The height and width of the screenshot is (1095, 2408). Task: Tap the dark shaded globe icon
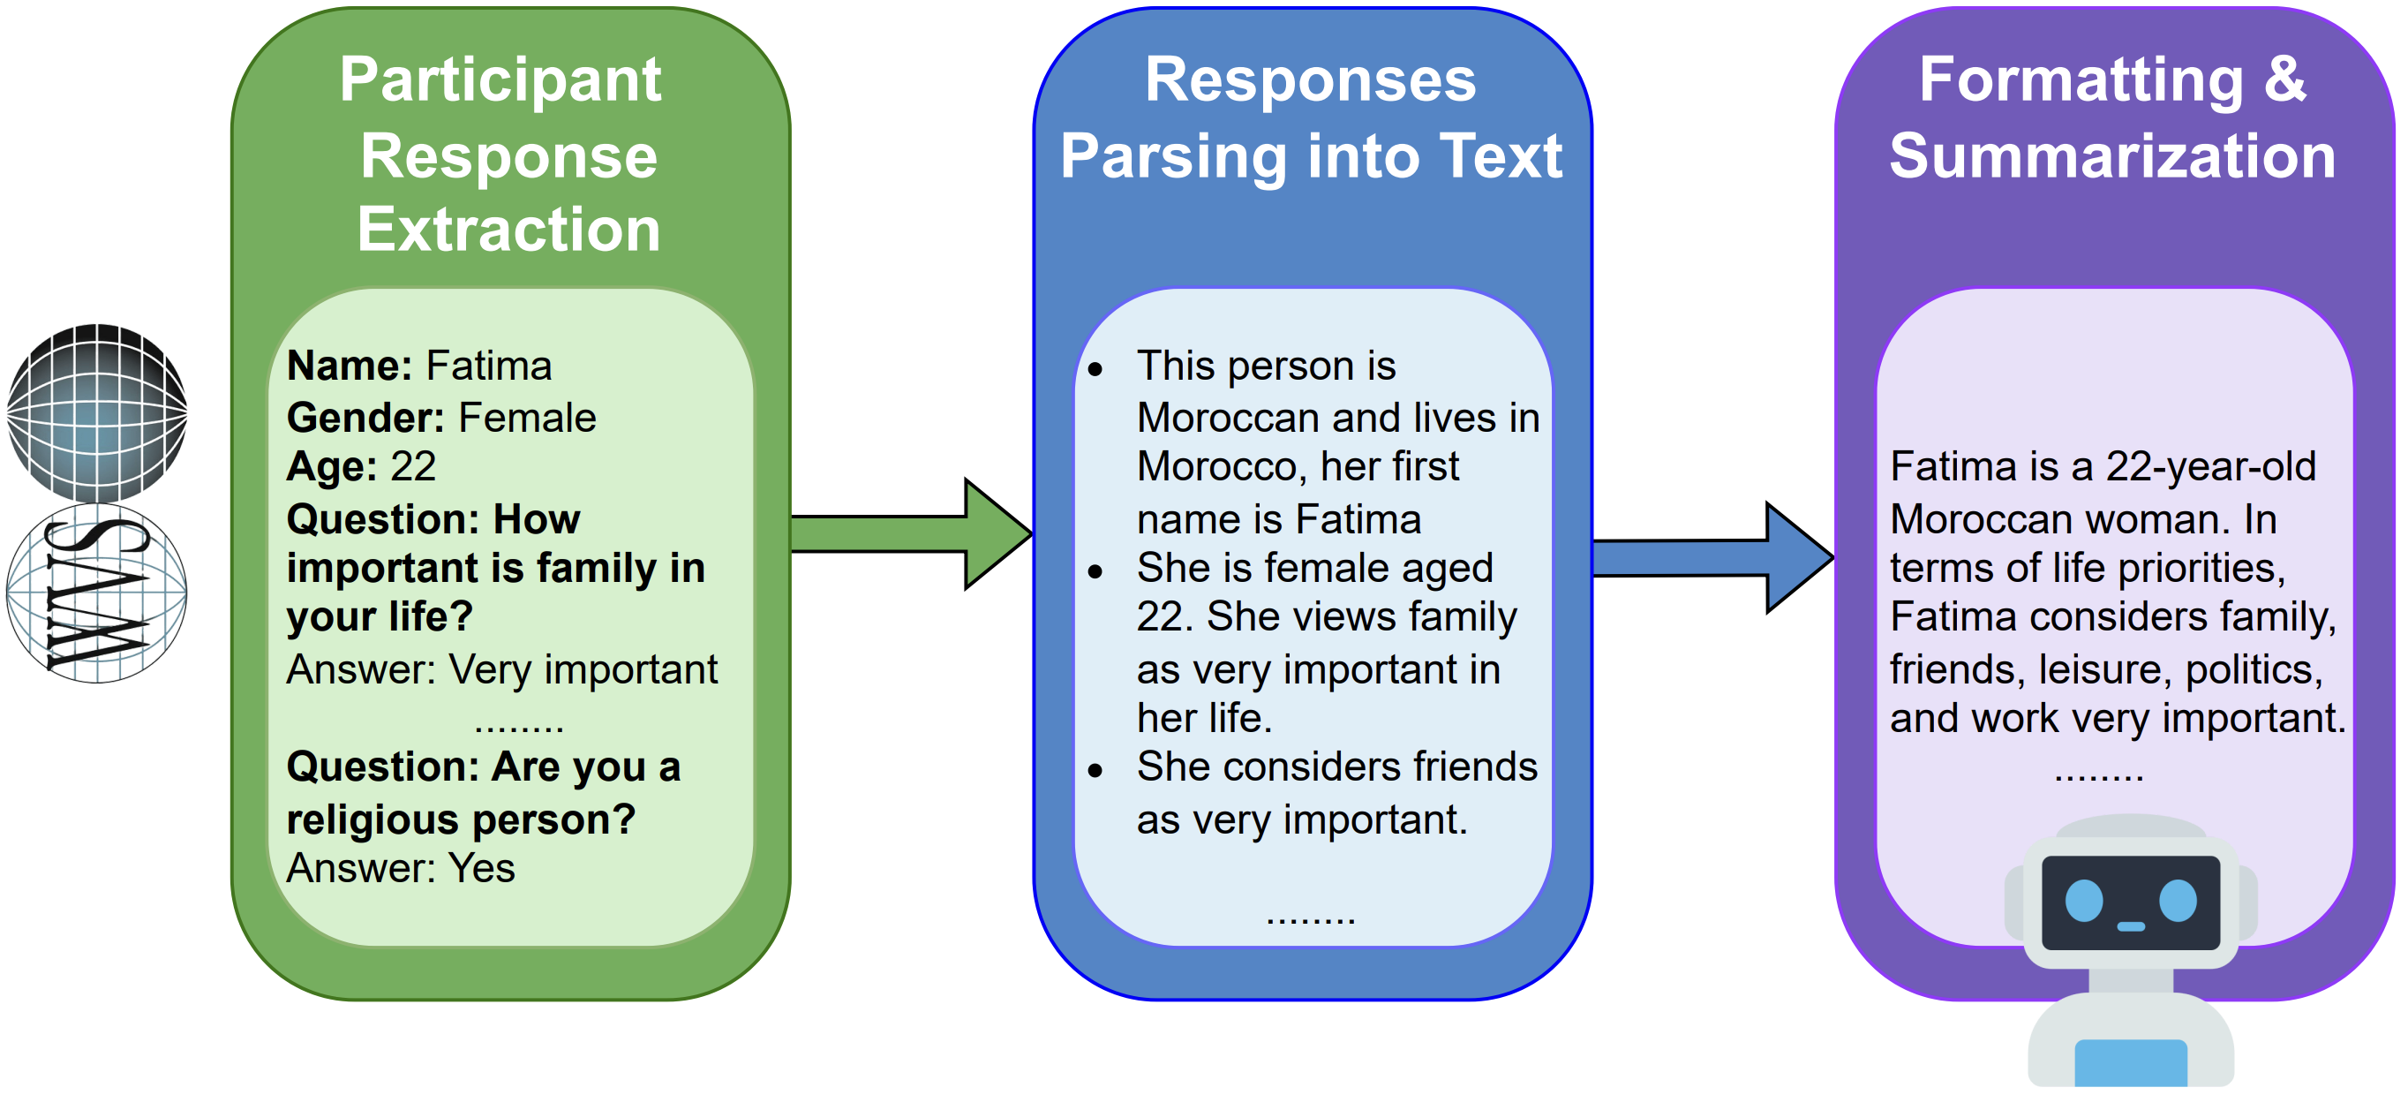(97, 412)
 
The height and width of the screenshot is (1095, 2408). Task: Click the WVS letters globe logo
(97, 593)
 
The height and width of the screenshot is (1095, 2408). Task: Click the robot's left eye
(2084, 902)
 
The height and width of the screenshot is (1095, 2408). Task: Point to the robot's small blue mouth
(2130, 926)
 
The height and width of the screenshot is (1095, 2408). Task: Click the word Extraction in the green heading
(508, 230)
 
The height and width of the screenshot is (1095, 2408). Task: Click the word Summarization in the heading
(2112, 156)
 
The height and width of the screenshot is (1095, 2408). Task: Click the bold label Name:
(349, 366)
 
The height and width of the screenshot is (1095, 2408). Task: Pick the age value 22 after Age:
(412, 466)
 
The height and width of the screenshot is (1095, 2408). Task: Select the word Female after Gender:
(526, 418)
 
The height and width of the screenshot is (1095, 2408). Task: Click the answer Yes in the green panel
(480, 869)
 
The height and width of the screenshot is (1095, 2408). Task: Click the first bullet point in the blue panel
(1095, 368)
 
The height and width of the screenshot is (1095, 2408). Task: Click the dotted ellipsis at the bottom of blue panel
(1310, 918)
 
